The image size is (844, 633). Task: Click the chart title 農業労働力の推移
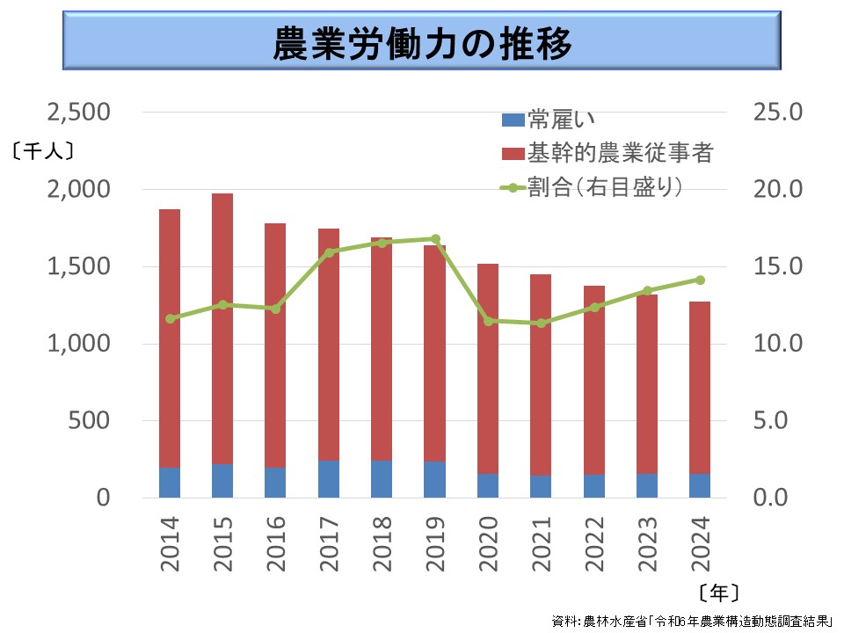coord(422,41)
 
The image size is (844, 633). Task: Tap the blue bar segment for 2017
coord(329,479)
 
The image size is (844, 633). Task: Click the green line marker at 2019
coord(435,239)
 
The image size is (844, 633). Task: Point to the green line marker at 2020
coord(488,321)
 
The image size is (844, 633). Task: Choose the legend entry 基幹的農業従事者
coord(607,154)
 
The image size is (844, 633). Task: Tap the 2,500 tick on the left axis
coord(79,113)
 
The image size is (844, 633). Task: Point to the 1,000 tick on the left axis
coord(79,344)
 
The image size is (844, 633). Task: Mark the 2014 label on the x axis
coord(170,544)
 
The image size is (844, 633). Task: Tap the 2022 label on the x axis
coord(594,544)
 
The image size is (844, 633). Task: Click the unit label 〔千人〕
coord(42,151)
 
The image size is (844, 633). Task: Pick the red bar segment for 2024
coord(700,387)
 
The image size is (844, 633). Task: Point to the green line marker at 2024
coord(700,280)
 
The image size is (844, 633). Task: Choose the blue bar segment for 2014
coord(170,483)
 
